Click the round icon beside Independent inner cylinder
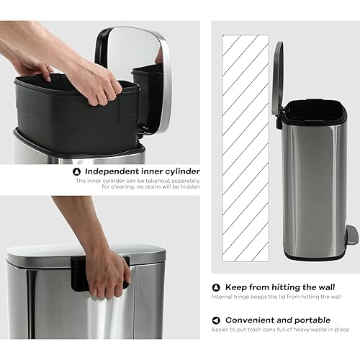pos(77,171)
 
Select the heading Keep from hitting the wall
pos(276,287)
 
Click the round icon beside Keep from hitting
pos(216,287)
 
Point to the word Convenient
pos(253,320)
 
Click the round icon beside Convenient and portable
pos(216,320)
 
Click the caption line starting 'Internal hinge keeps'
pos(275,297)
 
